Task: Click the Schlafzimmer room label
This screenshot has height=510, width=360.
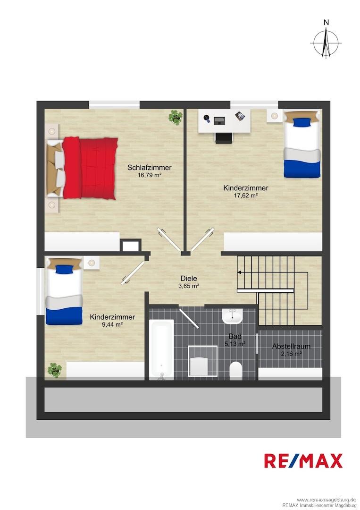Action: click(x=149, y=168)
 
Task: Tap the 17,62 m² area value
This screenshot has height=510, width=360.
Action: click(x=246, y=195)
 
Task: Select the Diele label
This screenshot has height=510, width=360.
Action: click(x=189, y=279)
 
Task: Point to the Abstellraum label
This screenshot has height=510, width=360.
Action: click(x=291, y=347)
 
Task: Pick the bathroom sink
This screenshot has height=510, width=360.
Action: click(x=232, y=316)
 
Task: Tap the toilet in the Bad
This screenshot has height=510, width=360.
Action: click(x=235, y=371)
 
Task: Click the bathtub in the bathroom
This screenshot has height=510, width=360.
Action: click(x=161, y=349)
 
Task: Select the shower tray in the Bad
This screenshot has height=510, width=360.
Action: click(x=203, y=361)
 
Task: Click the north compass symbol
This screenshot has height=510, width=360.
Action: click(x=326, y=42)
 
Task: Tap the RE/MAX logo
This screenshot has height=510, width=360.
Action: click(x=303, y=460)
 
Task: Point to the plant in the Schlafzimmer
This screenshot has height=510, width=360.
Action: click(x=176, y=117)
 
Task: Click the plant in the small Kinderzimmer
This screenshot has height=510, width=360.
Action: click(x=55, y=370)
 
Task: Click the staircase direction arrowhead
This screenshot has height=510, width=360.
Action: click(x=239, y=272)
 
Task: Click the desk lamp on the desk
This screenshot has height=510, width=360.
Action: click(x=207, y=119)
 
